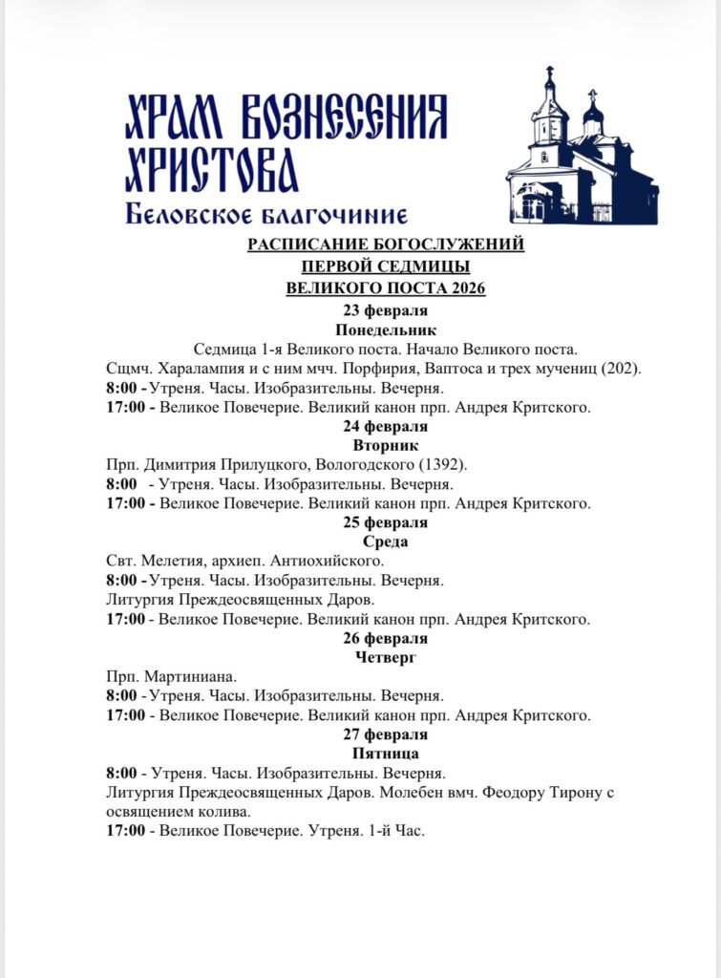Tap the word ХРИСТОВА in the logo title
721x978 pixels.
[212, 172]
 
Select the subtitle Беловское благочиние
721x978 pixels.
[266, 216]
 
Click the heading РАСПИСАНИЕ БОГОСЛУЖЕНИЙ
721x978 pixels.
[386, 245]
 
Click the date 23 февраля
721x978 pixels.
[386, 310]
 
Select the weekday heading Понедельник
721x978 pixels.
[386, 330]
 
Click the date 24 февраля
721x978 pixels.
[386, 426]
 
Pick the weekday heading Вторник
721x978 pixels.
[386, 445]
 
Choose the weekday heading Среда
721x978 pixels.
[386, 542]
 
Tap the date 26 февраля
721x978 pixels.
[386, 638]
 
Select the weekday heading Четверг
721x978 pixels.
[386, 657]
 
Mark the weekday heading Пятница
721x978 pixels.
[386, 754]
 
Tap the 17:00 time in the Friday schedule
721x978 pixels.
[126, 831]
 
